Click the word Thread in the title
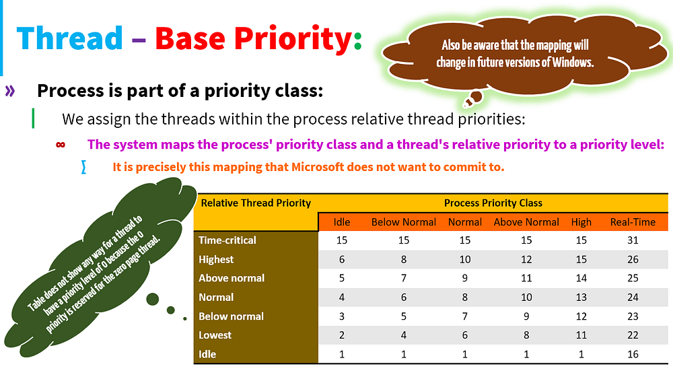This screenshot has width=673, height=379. coord(70,38)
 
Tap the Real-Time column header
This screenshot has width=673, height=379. coord(633,222)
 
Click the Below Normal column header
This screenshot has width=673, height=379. coord(403,222)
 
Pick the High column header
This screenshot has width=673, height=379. coord(581,222)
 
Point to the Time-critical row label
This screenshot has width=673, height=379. coord(227,240)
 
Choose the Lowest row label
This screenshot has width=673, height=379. coord(215,335)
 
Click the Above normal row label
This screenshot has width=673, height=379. coord(232,278)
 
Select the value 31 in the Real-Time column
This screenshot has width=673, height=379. coord(633,240)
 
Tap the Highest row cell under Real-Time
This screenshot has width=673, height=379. coord(633,259)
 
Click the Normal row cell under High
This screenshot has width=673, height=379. coord(581,297)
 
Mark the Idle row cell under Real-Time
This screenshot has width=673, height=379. coord(633,354)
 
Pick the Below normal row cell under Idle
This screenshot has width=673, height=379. coord(342,316)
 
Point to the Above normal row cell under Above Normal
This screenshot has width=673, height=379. coord(526,278)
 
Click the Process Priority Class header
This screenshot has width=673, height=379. coord(493,203)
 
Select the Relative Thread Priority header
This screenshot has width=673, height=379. coord(256,203)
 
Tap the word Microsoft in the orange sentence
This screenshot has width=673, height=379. coord(318,166)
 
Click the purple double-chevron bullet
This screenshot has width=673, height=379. coord(10,91)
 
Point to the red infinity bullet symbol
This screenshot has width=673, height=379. coord(61,145)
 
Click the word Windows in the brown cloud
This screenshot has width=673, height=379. coord(573,62)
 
